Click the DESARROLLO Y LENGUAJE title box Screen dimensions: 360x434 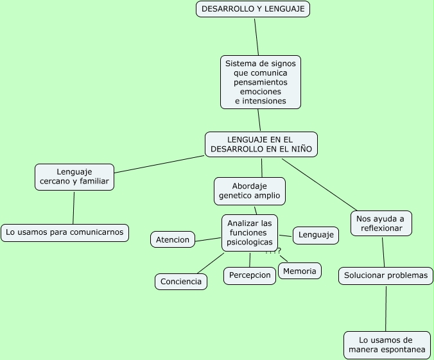click(x=253, y=9)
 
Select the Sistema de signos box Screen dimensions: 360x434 click(x=261, y=82)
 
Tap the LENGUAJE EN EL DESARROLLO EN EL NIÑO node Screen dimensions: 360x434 click(x=261, y=144)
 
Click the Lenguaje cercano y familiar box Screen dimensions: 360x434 click(x=74, y=177)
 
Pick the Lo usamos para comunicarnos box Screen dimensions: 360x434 click(x=65, y=232)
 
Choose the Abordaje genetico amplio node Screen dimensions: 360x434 click(x=249, y=191)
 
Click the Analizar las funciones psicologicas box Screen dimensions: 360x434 click(x=250, y=233)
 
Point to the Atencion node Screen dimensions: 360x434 click(x=173, y=240)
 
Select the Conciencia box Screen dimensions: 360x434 click(x=181, y=282)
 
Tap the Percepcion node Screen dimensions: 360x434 click(x=250, y=275)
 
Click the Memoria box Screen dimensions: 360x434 click(x=300, y=271)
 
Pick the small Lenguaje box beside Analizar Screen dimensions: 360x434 click(x=316, y=236)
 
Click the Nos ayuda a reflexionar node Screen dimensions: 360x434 click(x=381, y=223)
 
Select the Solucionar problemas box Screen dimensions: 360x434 click(x=386, y=276)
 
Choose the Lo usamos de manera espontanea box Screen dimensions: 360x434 click(x=386, y=345)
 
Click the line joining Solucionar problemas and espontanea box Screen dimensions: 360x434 click(x=386, y=308)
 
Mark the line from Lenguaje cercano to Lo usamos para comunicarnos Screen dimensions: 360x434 click(x=74, y=207)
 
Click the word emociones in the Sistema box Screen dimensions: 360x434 click(x=261, y=92)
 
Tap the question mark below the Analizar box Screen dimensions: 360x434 click(x=279, y=250)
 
